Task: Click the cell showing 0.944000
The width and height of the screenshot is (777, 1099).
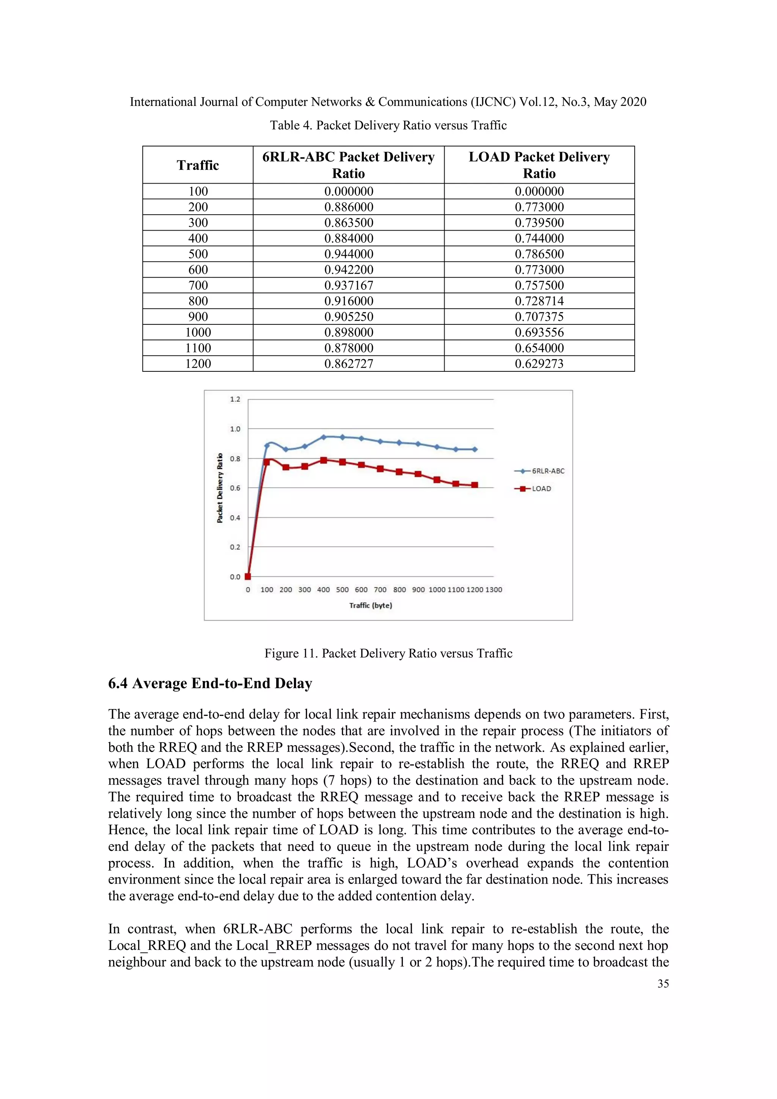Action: pyautogui.click(x=349, y=254)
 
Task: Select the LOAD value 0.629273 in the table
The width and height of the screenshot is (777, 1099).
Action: pyautogui.click(x=539, y=363)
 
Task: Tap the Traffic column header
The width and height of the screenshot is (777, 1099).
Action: pyautogui.click(x=198, y=165)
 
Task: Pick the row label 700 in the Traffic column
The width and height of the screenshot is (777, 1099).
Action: pyautogui.click(x=198, y=285)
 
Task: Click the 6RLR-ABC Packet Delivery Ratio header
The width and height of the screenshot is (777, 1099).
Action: pyautogui.click(x=349, y=165)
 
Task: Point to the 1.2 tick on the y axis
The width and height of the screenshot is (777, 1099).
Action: pyautogui.click(x=235, y=399)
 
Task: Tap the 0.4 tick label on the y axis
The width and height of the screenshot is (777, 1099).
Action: pyautogui.click(x=235, y=518)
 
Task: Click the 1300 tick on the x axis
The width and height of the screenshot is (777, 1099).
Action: pyautogui.click(x=494, y=590)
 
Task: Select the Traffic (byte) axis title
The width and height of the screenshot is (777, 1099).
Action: pyautogui.click(x=371, y=605)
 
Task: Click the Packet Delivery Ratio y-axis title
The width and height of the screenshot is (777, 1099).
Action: pyautogui.click(x=220, y=488)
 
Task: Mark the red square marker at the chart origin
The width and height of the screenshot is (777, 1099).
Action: pyautogui.click(x=248, y=576)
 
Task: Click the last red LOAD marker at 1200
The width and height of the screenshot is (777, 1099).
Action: pyautogui.click(x=475, y=485)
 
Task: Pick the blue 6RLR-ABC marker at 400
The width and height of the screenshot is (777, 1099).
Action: pyautogui.click(x=324, y=437)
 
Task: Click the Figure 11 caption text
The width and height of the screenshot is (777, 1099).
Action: pyautogui.click(x=388, y=653)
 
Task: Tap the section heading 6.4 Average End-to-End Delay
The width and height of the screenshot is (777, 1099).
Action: pyautogui.click(x=210, y=683)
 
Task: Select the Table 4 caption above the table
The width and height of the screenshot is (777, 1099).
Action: pyautogui.click(x=388, y=126)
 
